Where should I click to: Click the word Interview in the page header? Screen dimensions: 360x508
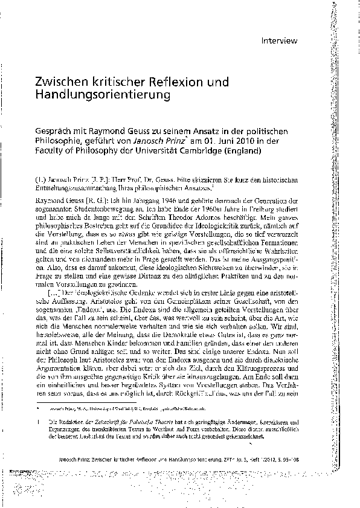pyautogui.click(x=280, y=42)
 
